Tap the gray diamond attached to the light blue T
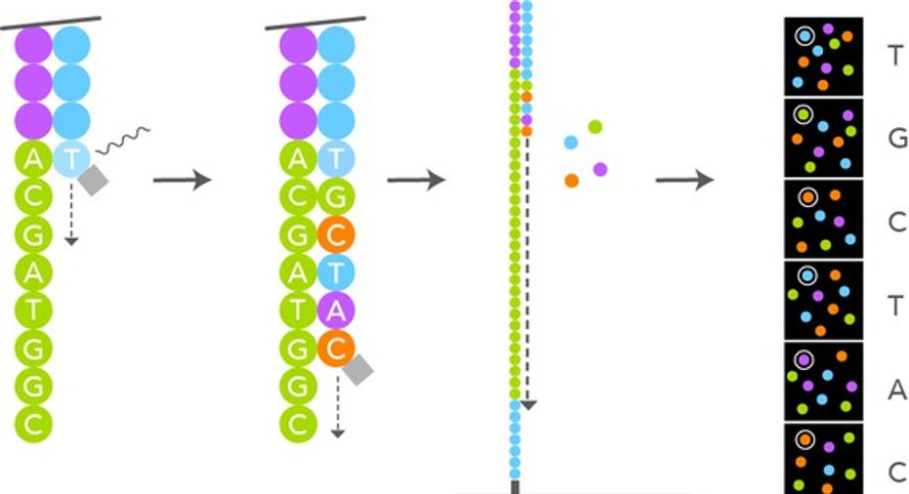click(93, 180)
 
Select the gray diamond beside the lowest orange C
click(357, 368)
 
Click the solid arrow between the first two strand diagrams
click(183, 181)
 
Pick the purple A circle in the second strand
click(336, 309)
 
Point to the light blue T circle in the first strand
click(70, 158)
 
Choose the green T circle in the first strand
click(32, 309)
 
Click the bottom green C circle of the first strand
click(32, 423)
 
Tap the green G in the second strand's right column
click(336, 196)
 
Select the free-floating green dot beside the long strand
click(595, 126)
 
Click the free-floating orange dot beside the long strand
click(571, 180)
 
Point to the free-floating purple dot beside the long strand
click(599, 169)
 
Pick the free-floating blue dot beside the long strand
click(571, 143)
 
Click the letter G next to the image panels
click(897, 138)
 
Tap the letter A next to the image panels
click(897, 391)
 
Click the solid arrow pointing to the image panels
click(684, 181)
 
